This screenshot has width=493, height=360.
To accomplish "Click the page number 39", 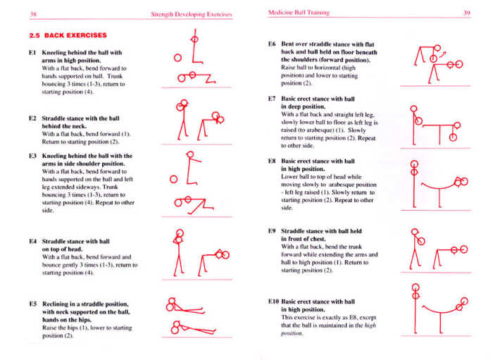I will tap(466, 13).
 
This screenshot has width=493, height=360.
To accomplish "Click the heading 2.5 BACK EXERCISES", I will tap(68, 35).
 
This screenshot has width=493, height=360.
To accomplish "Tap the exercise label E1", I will tap(33, 52).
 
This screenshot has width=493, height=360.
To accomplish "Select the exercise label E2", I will tap(33, 118).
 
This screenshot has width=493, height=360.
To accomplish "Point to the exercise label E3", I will tap(33, 156).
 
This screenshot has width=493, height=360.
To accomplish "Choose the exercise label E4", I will tap(33, 241).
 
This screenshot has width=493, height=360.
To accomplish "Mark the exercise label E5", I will tap(33, 304).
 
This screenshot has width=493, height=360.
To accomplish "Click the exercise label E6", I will tap(272, 44).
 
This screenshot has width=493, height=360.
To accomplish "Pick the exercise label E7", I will tap(272, 99).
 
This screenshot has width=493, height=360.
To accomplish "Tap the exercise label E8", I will tap(272, 161).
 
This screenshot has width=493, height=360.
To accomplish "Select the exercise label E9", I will tap(272, 231).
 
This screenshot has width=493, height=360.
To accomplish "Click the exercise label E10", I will tap(274, 301).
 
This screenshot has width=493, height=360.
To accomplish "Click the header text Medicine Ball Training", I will tap(297, 13).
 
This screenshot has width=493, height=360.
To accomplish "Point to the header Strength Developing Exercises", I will tap(192, 13).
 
